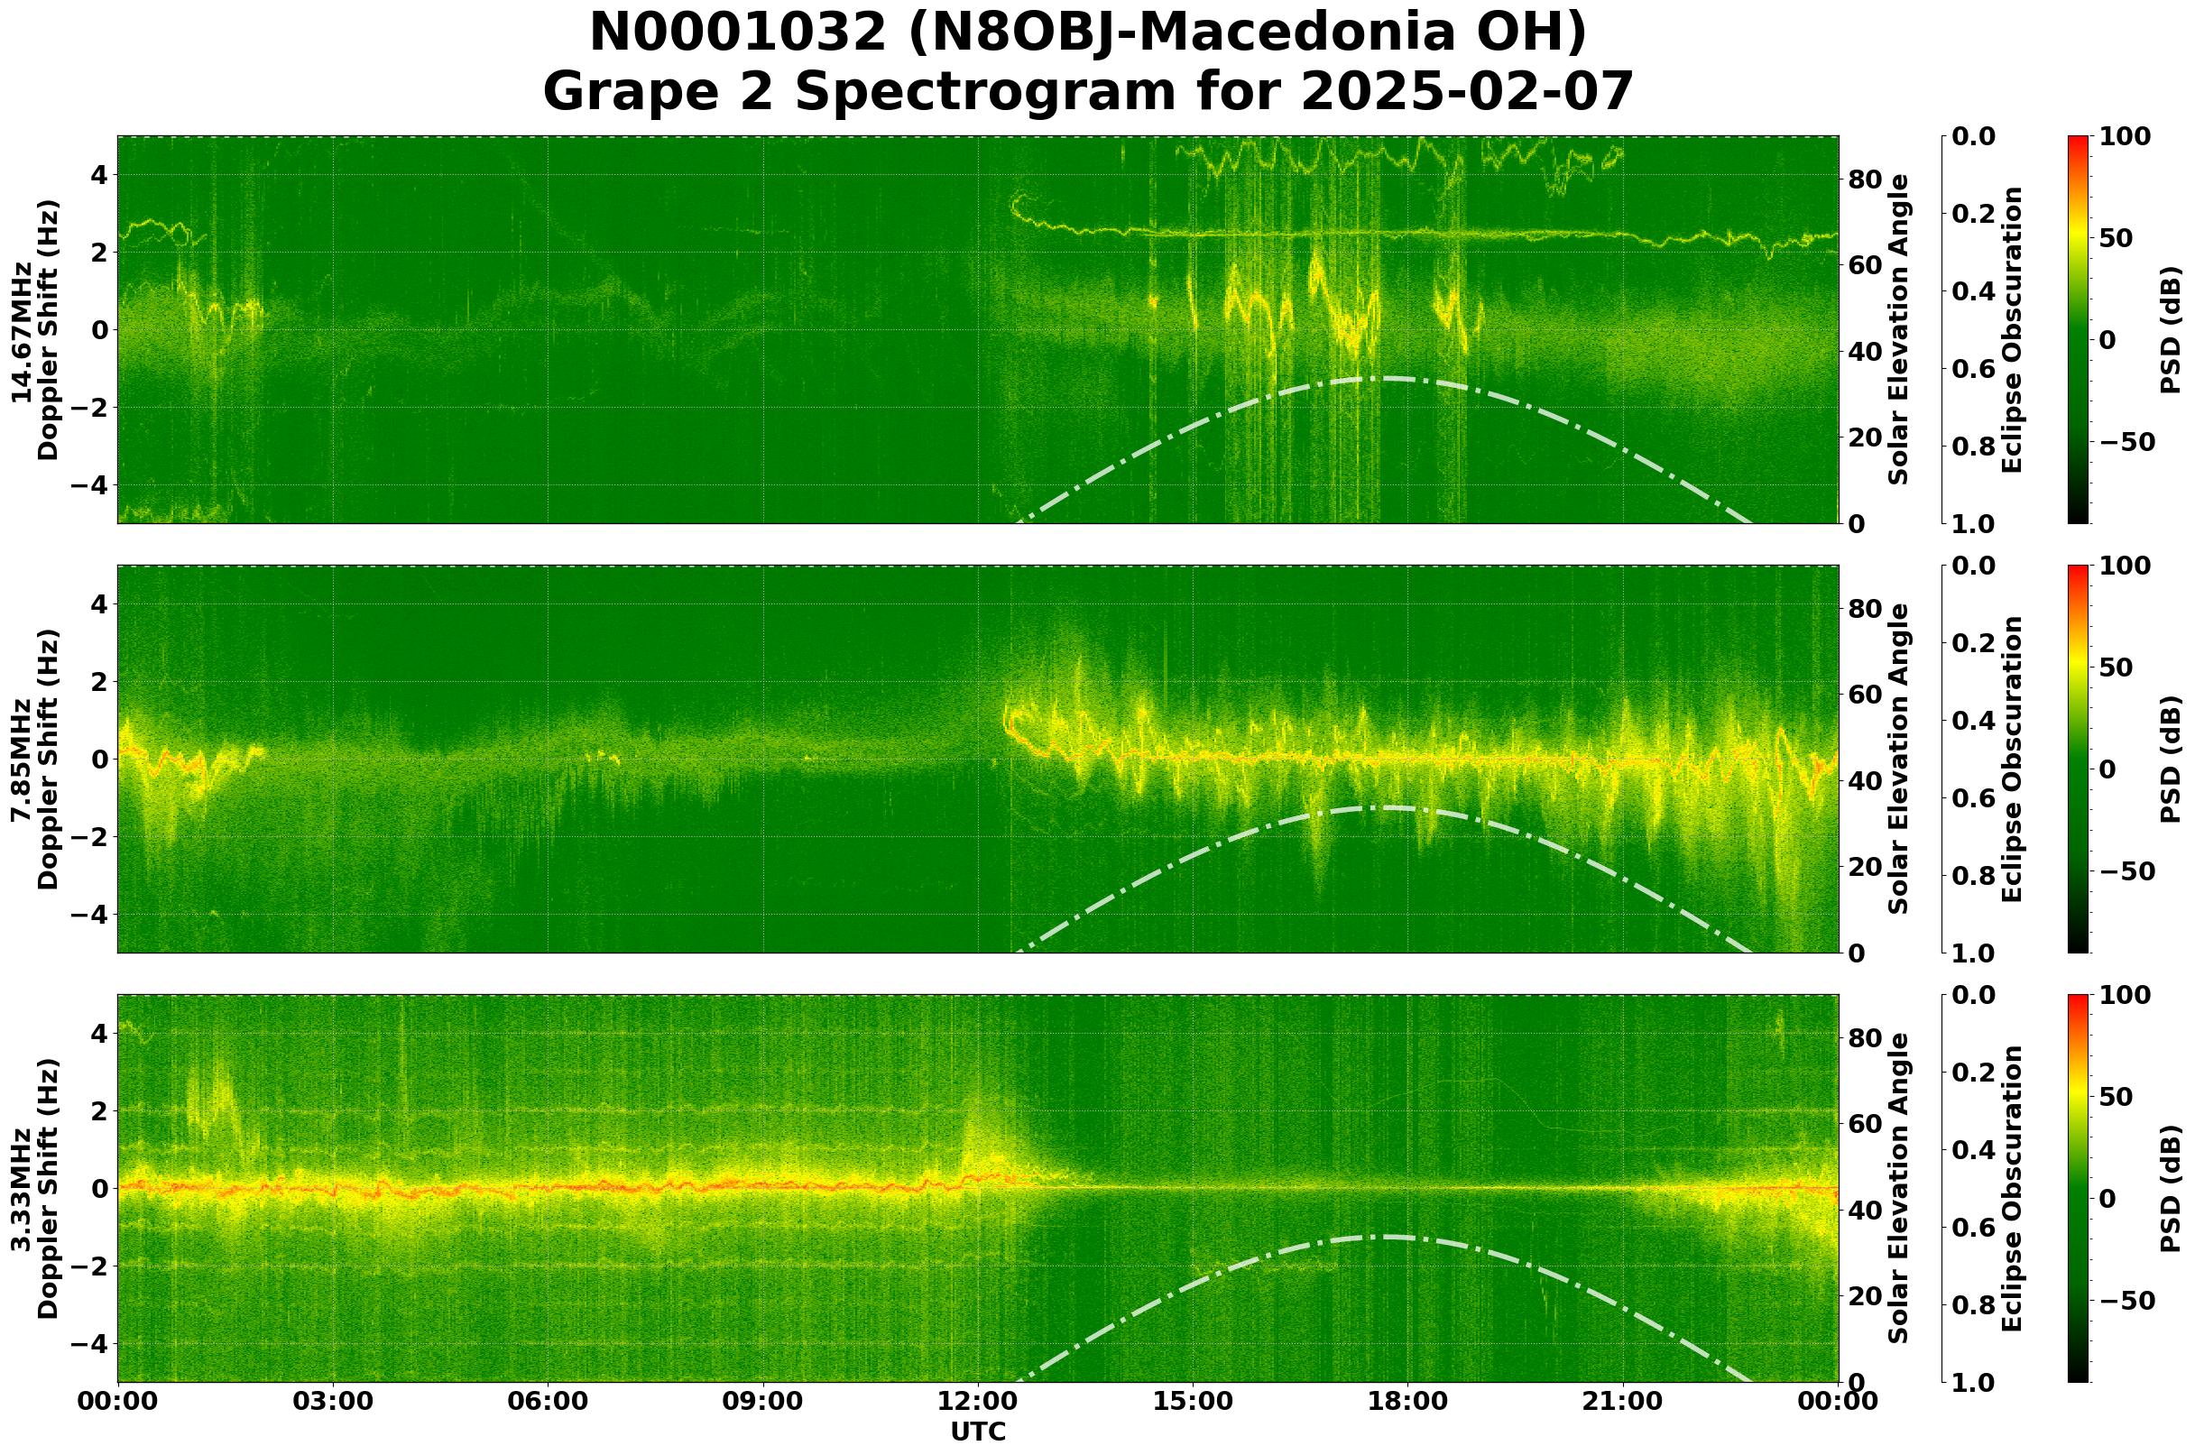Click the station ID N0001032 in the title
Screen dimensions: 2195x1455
738,33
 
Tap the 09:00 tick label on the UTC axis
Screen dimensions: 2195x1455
763,1401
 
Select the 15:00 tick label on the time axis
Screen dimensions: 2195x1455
1192,1401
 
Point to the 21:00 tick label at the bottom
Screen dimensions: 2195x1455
1622,1401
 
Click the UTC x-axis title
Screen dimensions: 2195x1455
978,1432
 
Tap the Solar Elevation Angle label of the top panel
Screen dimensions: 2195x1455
1899,329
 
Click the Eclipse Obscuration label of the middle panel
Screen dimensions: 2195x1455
2011,759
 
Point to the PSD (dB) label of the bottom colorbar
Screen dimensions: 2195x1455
2170,1189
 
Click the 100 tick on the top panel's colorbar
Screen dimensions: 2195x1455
2125,136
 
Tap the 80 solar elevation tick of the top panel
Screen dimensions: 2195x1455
1864,180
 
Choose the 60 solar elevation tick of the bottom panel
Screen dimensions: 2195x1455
1864,1124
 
